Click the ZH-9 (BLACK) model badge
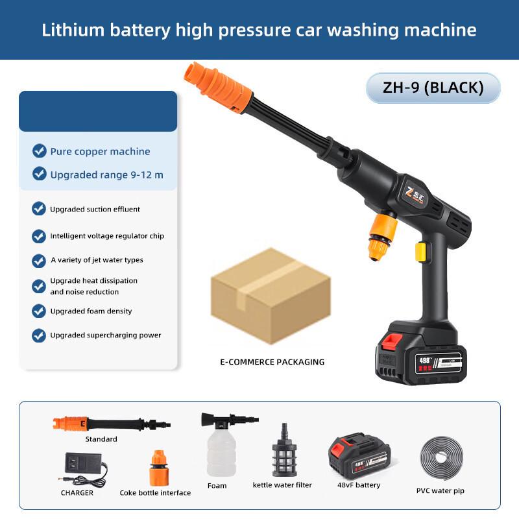coord(433,88)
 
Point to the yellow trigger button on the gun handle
coord(421,251)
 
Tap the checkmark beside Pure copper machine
coord(40,151)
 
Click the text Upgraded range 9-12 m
coord(106,175)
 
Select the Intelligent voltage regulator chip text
coord(107,236)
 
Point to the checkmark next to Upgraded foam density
coord(39,311)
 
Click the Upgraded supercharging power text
coord(106,335)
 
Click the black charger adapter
coord(83,468)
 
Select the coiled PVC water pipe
coord(441,459)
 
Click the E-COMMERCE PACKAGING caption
coord(272,362)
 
